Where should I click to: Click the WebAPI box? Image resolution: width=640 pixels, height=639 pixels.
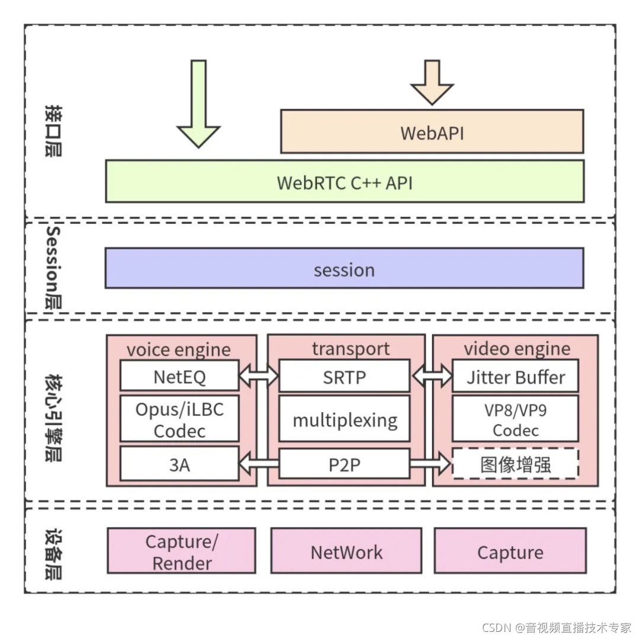[432, 131]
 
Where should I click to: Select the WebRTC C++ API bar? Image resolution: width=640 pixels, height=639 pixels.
[345, 181]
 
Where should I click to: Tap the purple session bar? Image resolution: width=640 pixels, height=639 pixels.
[344, 268]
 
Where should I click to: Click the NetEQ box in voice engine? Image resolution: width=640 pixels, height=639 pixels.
[180, 375]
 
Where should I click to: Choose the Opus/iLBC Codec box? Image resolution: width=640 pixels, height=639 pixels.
[180, 418]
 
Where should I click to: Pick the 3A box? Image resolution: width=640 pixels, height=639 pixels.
[180, 464]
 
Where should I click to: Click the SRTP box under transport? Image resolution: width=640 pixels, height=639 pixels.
[344, 375]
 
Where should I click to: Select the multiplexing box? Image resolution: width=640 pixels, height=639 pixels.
[344, 418]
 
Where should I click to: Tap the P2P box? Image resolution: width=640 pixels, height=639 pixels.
[344, 464]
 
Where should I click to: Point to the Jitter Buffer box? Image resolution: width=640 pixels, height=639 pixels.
[516, 375]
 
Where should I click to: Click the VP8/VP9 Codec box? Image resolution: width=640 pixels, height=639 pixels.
[516, 418]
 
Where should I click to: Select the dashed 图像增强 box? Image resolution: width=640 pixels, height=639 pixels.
[516, 464]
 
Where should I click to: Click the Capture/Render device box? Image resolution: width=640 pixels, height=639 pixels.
[182, 551]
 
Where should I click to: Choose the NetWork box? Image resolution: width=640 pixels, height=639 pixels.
[346, 551]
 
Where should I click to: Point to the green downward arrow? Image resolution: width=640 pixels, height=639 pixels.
[199, 104]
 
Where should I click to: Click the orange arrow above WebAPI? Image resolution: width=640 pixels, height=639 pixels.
[432, 82]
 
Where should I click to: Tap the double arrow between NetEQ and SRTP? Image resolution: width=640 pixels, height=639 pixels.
[259, 375]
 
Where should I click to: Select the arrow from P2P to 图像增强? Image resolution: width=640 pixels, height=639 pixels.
[430, 464]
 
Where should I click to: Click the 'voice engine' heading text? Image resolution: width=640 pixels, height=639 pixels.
[179, 349]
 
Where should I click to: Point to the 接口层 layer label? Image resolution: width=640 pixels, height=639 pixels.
[53, 130]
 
